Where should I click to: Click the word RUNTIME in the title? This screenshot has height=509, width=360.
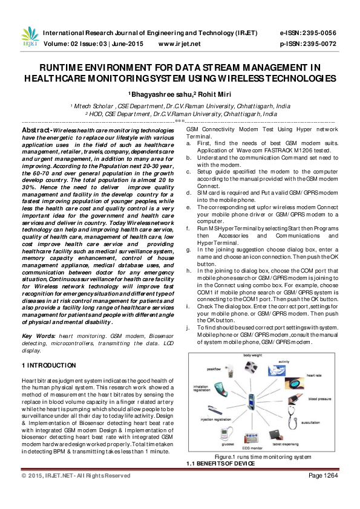[x=65, y=68]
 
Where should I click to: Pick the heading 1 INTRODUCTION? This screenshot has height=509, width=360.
[x=48, y=366]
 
